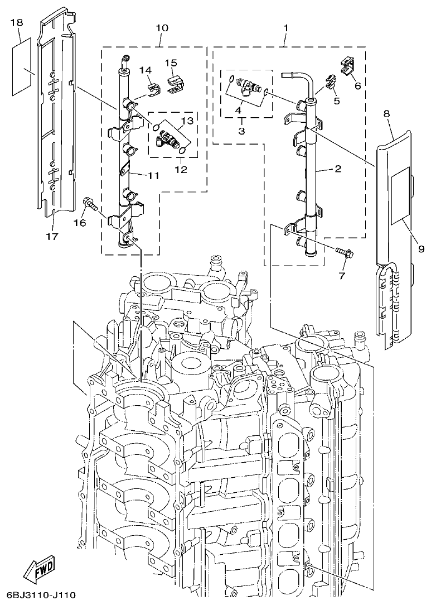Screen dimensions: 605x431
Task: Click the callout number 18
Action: tap(16, 22)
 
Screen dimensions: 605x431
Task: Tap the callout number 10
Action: tap(161, 27)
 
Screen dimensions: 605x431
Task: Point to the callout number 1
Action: tap(285, 27)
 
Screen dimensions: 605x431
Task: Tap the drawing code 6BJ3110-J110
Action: tap(42, 595)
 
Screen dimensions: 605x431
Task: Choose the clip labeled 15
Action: tap(175, 83)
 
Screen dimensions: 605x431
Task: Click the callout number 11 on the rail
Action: tap(153, 175)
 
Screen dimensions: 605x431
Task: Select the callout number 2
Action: tap(337, 168)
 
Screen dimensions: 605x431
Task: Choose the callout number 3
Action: tap(241, 131)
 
